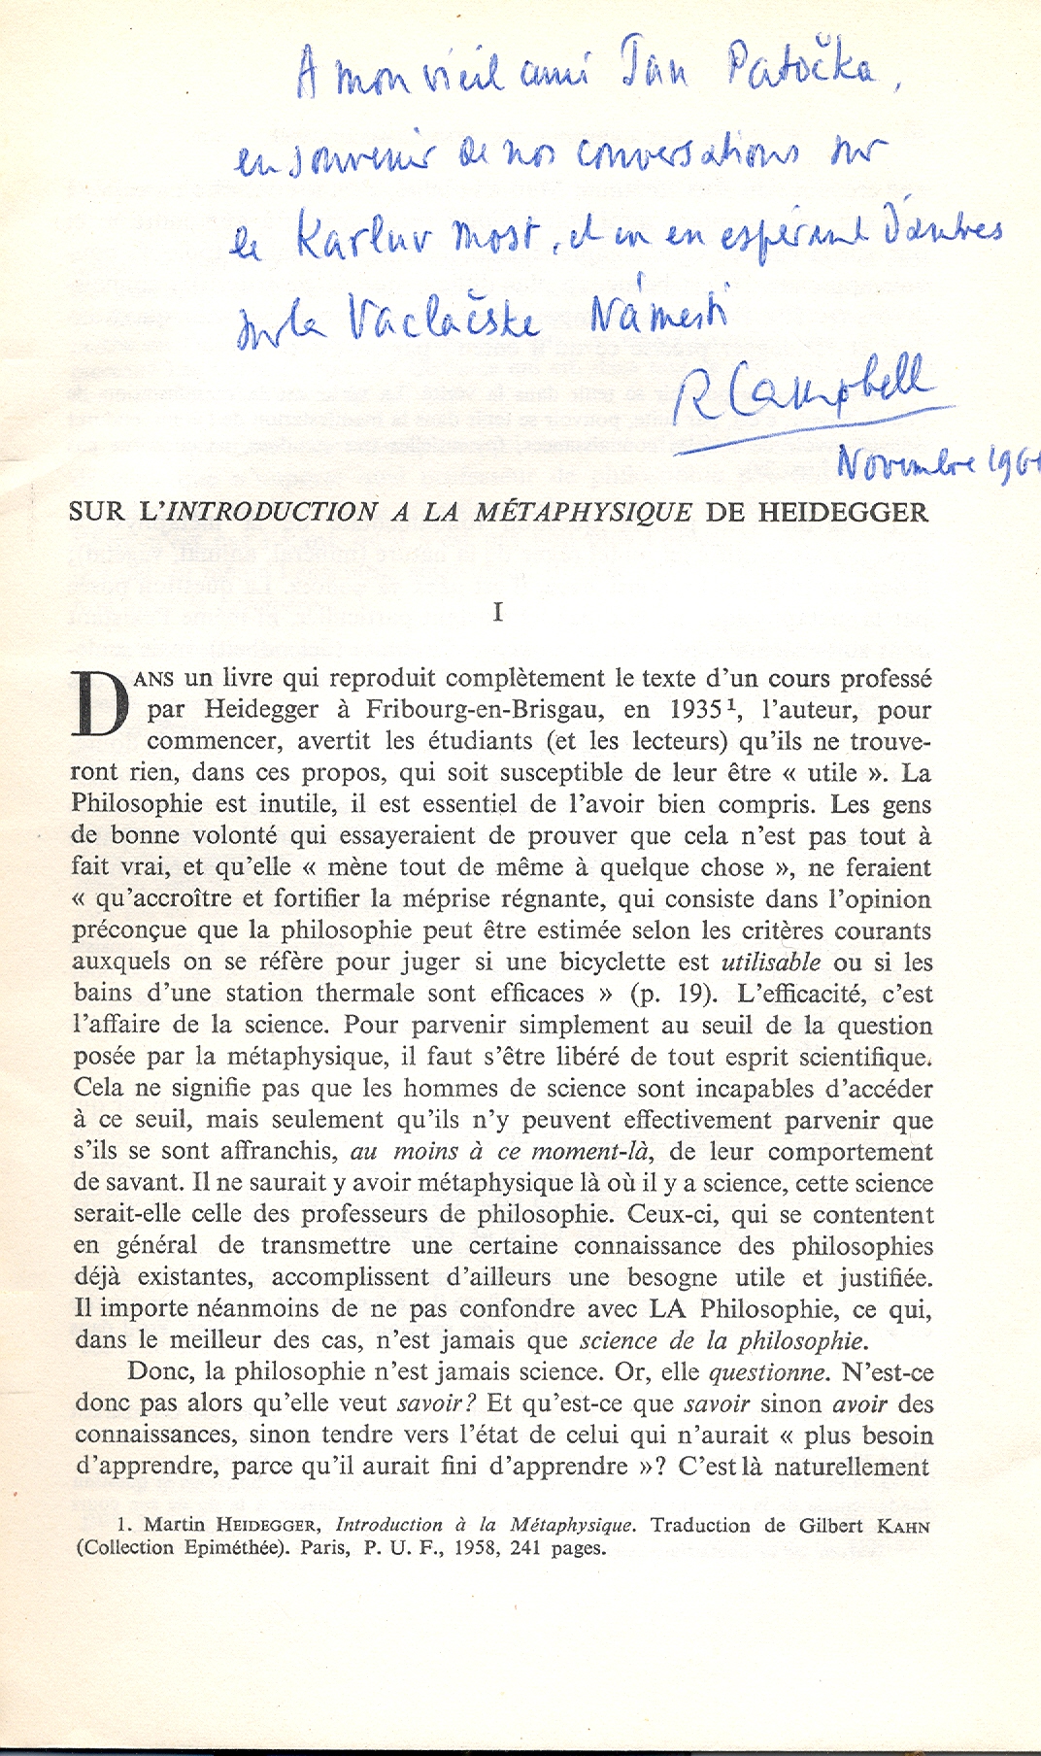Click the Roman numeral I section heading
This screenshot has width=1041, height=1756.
(498, 612)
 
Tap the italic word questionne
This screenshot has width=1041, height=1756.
(768, 1372)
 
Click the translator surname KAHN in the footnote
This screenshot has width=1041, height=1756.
(903, 1526)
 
